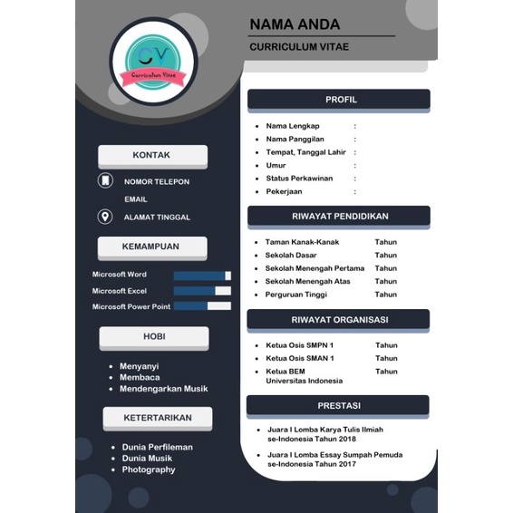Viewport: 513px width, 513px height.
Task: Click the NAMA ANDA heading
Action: coord(295,24)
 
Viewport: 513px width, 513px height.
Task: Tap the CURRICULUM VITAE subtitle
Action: coord(299,46)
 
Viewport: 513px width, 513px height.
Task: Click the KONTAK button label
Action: coord(151,155)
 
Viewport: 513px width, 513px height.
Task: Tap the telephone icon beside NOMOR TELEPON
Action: coord(105,181)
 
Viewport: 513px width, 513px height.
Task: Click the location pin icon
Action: coord(105,217)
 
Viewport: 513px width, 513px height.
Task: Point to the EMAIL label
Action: coord(136,199)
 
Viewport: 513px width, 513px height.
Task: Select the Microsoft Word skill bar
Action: coord(202,275)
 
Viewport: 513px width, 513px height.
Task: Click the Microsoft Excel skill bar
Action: coord(202,291)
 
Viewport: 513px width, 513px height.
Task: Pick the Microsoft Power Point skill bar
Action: coord(202,306)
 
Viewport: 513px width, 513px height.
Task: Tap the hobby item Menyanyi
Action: coord(140,366)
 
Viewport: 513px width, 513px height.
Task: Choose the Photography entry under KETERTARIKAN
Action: coord(149,469)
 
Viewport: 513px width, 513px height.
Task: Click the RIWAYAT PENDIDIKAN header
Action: coord(340,217)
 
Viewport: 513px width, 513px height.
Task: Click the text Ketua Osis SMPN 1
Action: coord(299,345)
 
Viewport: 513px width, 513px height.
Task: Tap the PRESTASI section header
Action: coord(339,405)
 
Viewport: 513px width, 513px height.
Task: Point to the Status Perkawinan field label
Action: coord(299,179)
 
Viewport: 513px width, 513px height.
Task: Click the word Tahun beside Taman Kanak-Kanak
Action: coord(386,242)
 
